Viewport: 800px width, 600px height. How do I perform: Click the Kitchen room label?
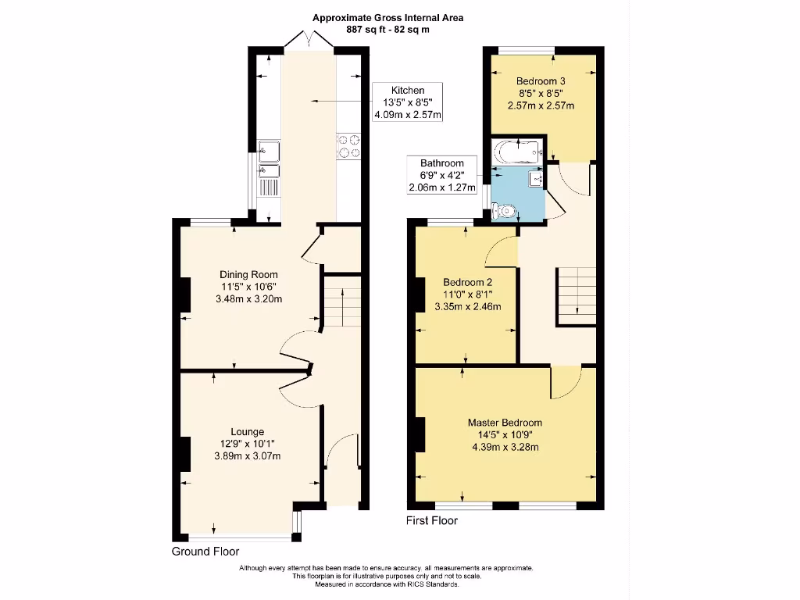click(x=408, y=91)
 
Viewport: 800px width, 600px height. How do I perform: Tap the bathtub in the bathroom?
click(x=516, y=150)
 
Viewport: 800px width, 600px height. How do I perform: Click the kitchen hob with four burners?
click(x=349, y=148)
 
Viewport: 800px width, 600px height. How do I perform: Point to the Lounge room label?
click(x=247, y=431)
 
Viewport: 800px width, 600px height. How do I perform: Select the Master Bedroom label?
click(x=505, y=423)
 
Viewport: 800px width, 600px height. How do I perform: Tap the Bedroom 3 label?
click(x=541, y=80)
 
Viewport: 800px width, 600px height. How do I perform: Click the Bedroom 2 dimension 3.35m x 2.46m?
click(x=468, y=306)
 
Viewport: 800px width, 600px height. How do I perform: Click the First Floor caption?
click(x=432, y=520)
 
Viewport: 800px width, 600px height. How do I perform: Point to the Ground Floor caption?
click(x=205, y=552)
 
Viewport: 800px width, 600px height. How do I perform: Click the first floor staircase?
click(x=576, y=295)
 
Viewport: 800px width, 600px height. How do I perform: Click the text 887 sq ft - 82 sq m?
click(x=387, y=30)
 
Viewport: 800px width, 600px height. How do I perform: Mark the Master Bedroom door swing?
click(x=565, y=382)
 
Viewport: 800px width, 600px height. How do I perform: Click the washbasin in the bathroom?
click(x=536, y=178)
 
